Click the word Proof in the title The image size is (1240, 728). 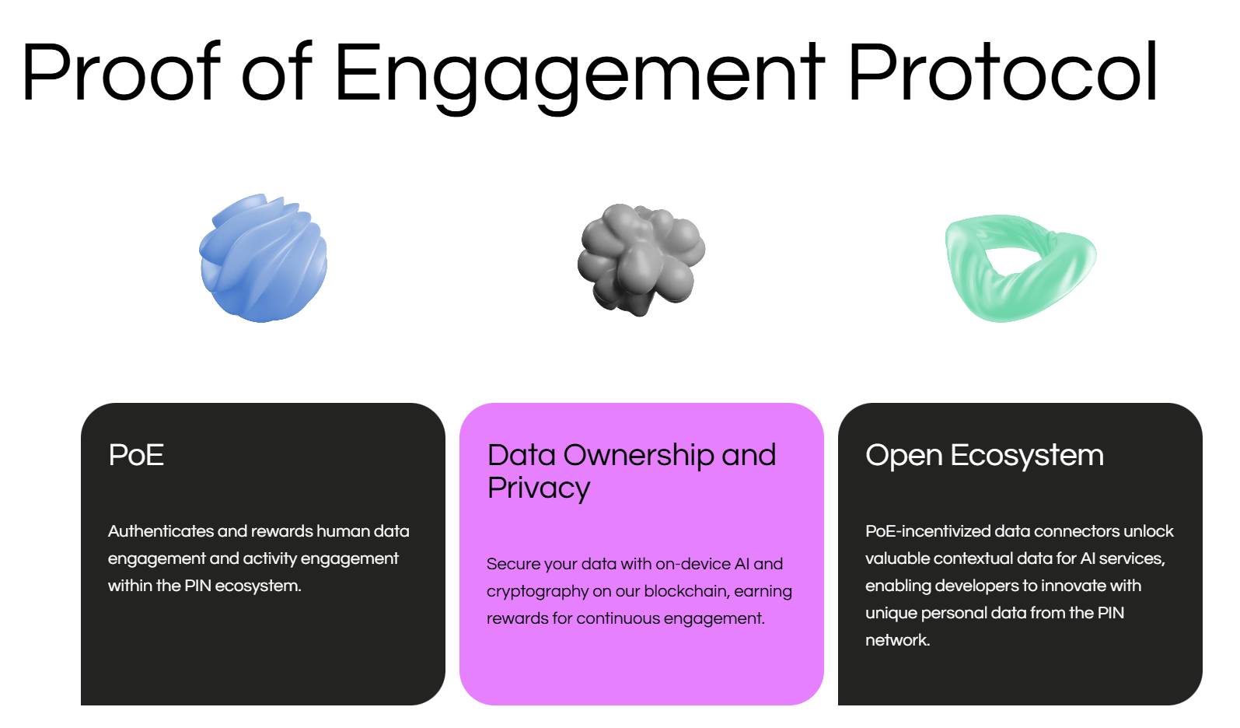121,72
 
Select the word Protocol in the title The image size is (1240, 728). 1003,72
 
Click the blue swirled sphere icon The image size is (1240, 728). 263,257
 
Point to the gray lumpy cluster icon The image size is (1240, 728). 641,260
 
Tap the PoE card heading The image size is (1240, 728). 136,455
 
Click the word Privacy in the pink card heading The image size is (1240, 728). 539,488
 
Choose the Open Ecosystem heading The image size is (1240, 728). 984,457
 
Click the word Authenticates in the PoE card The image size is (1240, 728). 160,531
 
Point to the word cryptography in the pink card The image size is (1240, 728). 537,592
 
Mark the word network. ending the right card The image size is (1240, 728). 897,640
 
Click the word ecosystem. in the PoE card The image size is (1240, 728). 257,586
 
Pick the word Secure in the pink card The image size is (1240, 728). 513,564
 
